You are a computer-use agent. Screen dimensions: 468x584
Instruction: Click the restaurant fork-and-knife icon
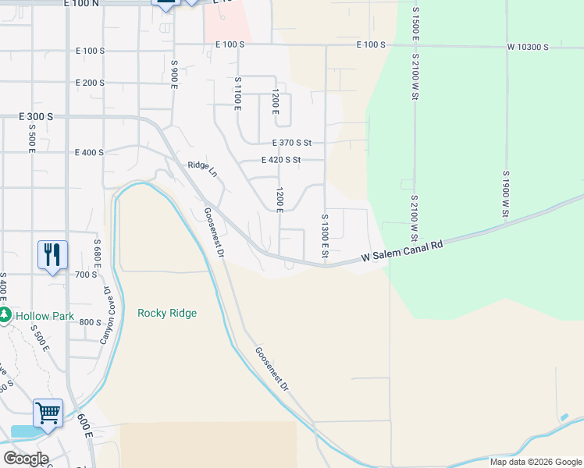coord(52,255)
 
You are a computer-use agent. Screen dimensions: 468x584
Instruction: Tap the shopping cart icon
coord(48,414)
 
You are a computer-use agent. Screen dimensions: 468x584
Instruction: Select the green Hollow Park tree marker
coord(5,316)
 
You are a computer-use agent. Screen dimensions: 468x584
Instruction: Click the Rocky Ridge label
coord(167,314)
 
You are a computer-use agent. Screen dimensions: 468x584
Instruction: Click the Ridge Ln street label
coord(202,168)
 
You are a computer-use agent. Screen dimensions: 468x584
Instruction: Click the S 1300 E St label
coord(325,237)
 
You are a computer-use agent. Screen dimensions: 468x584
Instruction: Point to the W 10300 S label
coord(528,48)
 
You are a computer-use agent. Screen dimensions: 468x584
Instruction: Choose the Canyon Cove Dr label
coord(105,315)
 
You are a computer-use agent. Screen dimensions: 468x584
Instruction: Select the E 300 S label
coord(36,116)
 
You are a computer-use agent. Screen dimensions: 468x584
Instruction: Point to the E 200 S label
coord(90,83)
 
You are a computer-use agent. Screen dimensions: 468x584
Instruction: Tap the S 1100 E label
coord(236,94)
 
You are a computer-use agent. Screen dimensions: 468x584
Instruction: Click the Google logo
coord(26,458)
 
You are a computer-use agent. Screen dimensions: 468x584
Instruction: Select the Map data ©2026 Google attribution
coord(535,462)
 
